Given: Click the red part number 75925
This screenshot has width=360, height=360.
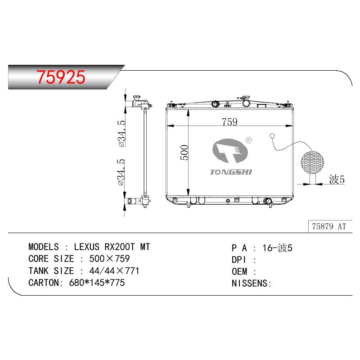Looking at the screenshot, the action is tap(61, 77).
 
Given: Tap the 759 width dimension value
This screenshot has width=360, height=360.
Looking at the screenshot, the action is tap(229, 121).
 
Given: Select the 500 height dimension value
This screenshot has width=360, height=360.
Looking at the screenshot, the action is tap(184, 153).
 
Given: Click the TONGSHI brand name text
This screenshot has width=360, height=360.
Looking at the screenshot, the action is tap(231, 172).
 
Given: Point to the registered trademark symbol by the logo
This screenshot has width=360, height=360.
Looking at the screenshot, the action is tap(249, 140).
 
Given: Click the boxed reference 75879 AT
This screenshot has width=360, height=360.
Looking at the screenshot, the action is tap(329, 226).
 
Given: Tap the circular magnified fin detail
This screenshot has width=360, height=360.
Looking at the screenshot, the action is tap(312, 162).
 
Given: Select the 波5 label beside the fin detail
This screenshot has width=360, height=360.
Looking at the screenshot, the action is tap(337, 179).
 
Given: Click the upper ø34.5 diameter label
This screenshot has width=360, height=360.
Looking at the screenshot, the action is tap(121, 133).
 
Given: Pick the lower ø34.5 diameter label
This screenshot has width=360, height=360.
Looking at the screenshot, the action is tap(121, 172).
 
